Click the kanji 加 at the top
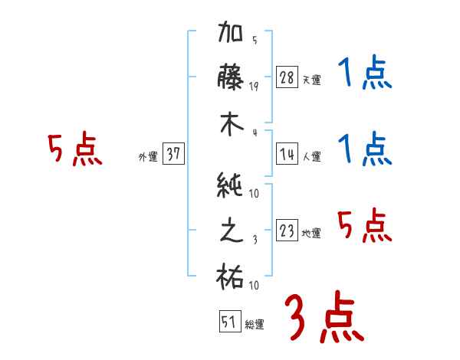(x=232, y=35)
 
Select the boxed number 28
(x=287, y=77)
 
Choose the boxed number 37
(x=173, y=155)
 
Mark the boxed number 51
(x=228, y=322)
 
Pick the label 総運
(x=254, y=325)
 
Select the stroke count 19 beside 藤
(x=254, y=86)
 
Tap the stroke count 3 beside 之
(x=254, y=239)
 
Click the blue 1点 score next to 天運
(x=363, y=75)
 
